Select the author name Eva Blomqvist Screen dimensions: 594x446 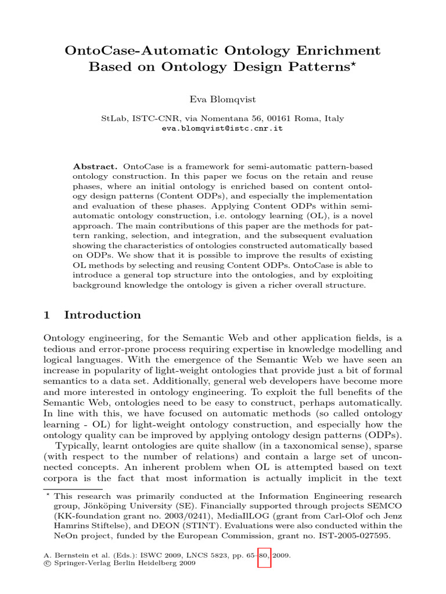tap(222, 99)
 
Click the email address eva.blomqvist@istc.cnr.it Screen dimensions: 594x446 tap(222, 128)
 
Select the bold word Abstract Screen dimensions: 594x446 tap(96, 166)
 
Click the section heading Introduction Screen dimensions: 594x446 tap(102, 315)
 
